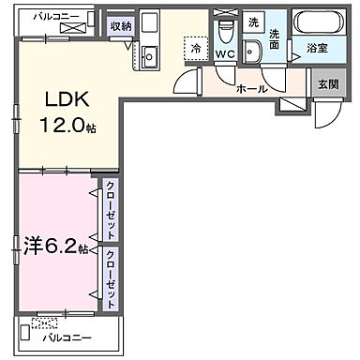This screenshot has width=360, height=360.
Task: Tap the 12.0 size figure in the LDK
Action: click(x=64, y=126)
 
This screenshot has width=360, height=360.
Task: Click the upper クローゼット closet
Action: click(x=112, y=211)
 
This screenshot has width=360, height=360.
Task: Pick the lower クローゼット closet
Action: click(x=112, y=278)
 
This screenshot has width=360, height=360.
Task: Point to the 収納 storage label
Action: click(x=119, y=26)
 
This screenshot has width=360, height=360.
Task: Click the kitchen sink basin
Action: click(x=149, y=57)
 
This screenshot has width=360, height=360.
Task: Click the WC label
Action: click(x=224, y=54)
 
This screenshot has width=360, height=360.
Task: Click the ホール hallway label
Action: click(x=253, y=89)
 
